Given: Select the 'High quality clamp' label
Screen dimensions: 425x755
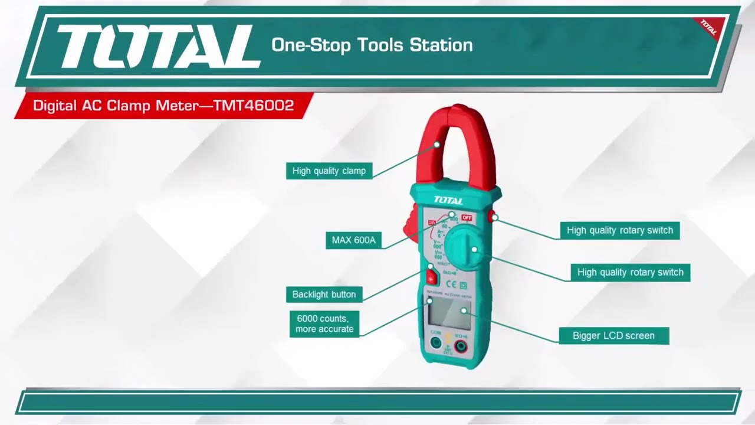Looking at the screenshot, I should (329, 171).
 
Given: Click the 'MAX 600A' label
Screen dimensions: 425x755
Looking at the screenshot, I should (353, 240).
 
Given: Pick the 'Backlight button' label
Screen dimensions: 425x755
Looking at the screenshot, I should (324, 295).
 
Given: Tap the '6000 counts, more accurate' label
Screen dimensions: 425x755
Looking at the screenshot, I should (324, 323).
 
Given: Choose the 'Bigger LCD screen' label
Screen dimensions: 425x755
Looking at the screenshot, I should (613, 336).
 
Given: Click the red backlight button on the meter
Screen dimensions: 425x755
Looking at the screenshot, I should (431, 277).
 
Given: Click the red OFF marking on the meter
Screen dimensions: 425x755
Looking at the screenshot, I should (467, 218).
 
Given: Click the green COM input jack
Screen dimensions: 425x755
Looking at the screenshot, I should (436, 343).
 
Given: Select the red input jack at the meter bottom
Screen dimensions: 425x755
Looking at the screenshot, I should (460, 346).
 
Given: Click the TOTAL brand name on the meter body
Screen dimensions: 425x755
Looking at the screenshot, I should (448, 201).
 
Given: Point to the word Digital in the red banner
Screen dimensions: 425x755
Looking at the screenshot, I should (54, 106).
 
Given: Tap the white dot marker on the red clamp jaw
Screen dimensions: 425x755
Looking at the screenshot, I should (437, 144).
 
